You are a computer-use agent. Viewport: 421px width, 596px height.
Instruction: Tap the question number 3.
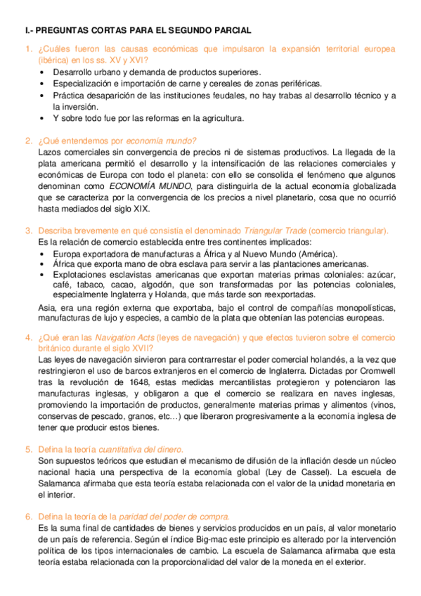point(29,231)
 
